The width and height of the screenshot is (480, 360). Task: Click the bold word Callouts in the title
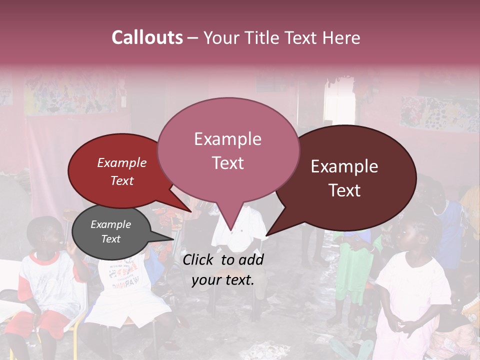[147, 37]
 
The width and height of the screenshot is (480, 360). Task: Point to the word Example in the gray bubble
[110, 225]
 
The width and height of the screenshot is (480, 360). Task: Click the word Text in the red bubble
[122, 181]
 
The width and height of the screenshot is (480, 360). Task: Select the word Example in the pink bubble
[227, 139]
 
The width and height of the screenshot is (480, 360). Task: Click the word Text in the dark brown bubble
[345, 190]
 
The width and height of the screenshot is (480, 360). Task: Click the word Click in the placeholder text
[199, 259]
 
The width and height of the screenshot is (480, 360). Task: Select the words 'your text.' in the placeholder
[222, 280]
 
